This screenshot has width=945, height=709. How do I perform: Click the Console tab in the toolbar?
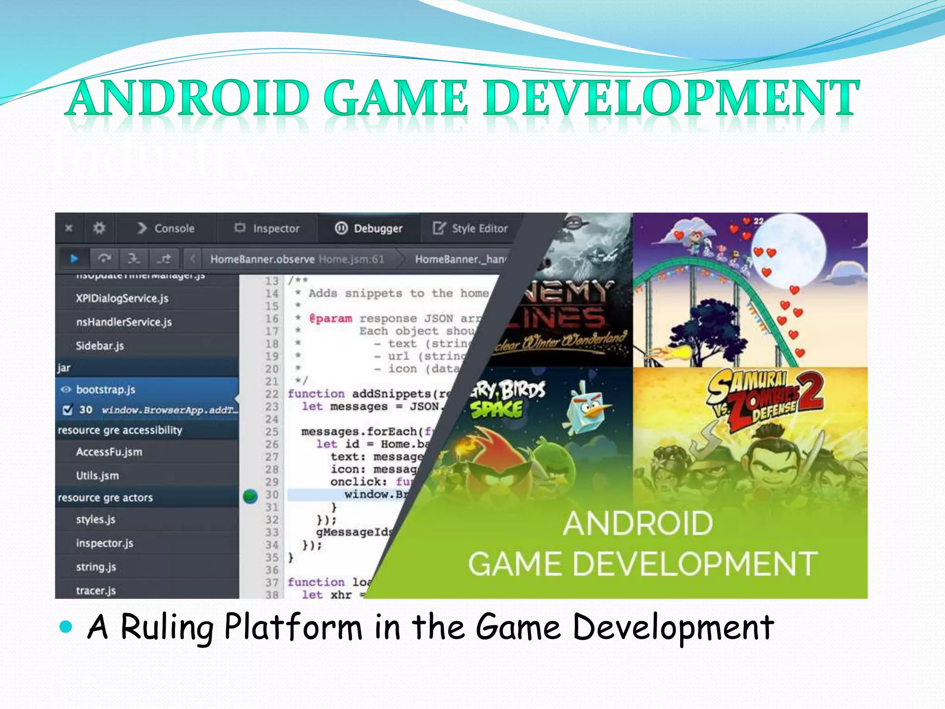166,228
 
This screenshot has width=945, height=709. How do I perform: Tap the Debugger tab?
369,228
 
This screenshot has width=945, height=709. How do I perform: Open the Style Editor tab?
471,228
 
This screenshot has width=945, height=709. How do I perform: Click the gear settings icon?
99,228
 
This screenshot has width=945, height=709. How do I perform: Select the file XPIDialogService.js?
122,299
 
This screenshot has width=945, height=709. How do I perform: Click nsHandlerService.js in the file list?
124,322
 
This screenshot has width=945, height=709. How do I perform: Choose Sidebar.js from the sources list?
100,346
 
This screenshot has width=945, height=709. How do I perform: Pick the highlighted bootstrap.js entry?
106,390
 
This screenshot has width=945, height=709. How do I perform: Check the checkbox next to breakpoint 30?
67,410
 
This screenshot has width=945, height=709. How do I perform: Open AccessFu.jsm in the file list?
109,452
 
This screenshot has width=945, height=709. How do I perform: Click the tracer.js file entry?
96,590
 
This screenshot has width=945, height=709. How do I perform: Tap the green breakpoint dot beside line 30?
250,496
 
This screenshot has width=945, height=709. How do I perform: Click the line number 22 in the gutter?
272,394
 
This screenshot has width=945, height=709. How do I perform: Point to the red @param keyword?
331,318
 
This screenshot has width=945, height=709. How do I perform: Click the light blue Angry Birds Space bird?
586,409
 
